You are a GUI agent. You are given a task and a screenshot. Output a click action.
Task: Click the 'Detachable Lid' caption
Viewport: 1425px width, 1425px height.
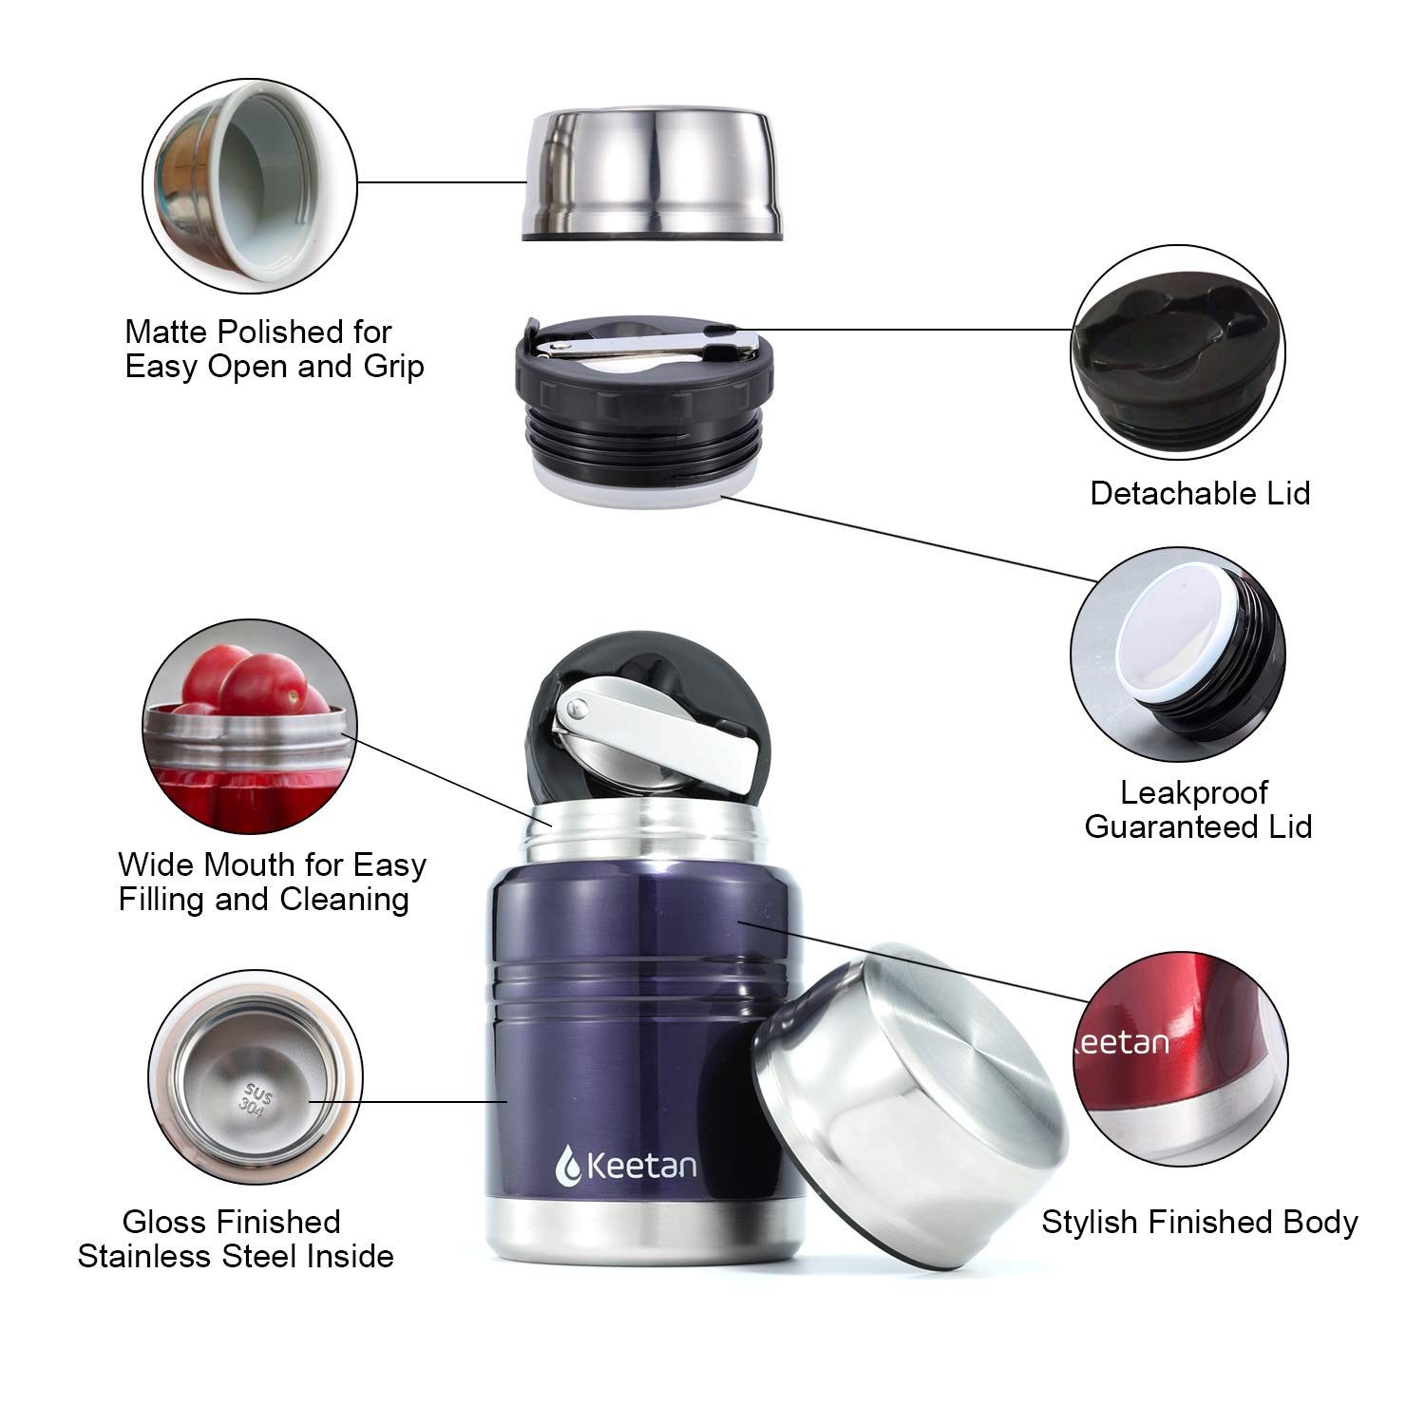pyautogui.click(x=1200, y=493)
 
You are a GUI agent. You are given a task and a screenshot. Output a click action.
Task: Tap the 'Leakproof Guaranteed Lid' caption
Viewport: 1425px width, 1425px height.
pyautogui.click(x=1197, y=809)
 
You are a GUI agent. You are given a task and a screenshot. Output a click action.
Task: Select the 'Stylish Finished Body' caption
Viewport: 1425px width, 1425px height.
pyautogui.click(x=1199, y=1222)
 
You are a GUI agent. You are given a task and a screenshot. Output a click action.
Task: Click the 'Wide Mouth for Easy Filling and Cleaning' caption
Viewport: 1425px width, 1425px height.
pyautogui.click(x=272, y=882)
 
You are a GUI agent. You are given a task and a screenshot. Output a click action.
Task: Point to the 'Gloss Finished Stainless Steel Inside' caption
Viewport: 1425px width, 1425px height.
pyautogui.click(x=235, y=1239)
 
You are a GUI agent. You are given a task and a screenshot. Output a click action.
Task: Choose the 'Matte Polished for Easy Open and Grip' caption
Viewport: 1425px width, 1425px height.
pyautogui.click(x=274, y=349)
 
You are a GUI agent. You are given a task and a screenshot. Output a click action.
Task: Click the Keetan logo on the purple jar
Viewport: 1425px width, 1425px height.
pyautogui.click(x=626, y=1166)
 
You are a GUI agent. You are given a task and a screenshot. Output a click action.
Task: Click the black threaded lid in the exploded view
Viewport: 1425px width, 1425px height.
pyautogui.click(x=642, y=399)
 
